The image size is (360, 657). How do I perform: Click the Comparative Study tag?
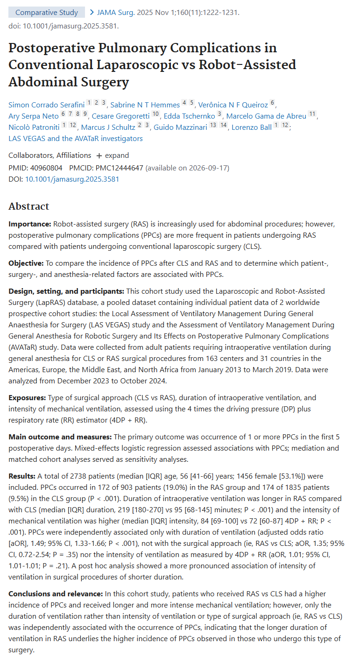click(x=47, y=13)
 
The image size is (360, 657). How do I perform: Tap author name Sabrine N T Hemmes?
click(x=145, y=105)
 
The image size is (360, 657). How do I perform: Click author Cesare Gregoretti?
click(x=120, y=116)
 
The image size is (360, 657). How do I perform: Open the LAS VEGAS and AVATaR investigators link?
click(x=76, y=139)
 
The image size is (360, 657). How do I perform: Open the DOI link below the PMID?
click(x=72, y=179)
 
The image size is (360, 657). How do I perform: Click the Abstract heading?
click(x=28, y=206)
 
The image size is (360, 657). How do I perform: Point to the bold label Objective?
click(x=26, y=264)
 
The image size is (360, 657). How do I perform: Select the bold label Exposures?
click(x=27, y=398)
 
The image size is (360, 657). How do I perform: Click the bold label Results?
click(x=22, y=476)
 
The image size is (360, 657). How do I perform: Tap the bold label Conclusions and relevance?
click(x=55, y=593)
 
